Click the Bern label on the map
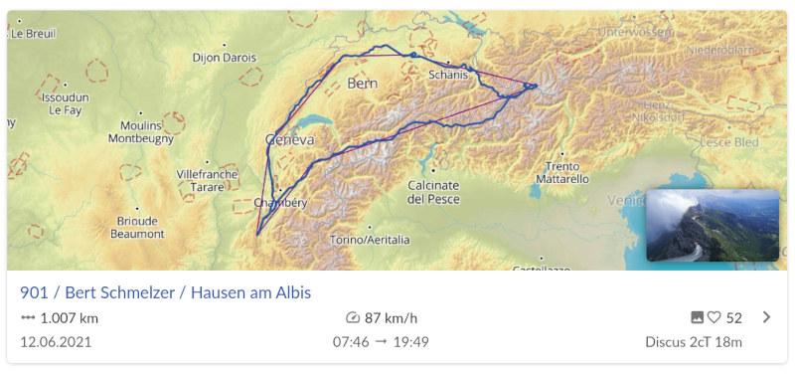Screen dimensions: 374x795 [x=363, y=84]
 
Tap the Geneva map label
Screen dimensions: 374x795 [x=290, y=140]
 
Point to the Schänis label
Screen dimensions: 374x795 [x=448, y=75]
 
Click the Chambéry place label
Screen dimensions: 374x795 [x=281, y=203]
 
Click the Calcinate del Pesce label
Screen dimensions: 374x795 [x=433, y=191]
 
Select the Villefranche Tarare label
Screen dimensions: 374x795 [x=207, y=179]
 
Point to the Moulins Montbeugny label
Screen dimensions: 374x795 [x=140, y=132]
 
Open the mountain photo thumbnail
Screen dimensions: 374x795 [x=712, y=225]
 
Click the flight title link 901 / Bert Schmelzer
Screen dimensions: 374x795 [x=165, y=292]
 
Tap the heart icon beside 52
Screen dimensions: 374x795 [x=714, y=318]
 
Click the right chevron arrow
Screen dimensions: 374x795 [x=765, y=317]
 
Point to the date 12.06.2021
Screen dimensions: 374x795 [x=57, y=342]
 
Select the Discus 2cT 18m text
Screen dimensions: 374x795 [x=693, y=342]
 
